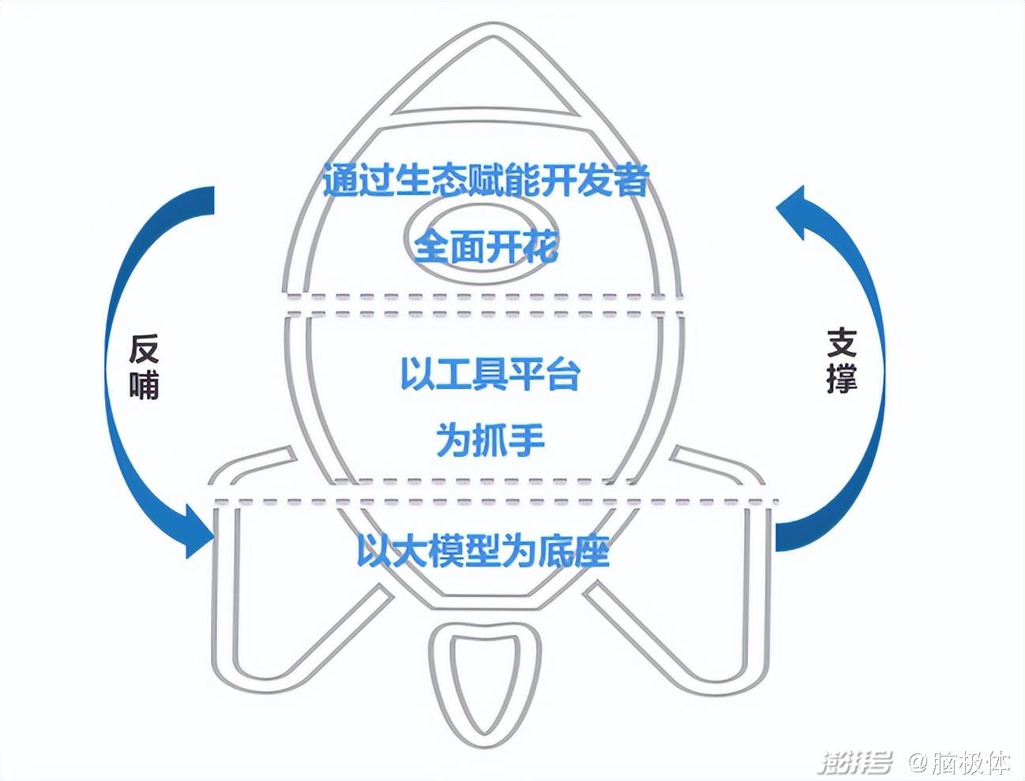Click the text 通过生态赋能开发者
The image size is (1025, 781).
coord(486,181)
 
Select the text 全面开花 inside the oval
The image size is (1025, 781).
coord(486,247)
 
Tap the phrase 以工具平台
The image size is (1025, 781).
coord(490,374)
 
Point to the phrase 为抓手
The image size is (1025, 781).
coord(490,440)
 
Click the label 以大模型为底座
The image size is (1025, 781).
coord(483,551)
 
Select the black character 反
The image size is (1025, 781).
coord(144,349)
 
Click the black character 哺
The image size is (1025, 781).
coord(144,386)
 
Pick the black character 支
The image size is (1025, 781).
coord(842,344)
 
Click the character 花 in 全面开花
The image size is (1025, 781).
coord(541,247)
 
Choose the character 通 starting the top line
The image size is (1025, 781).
coord(340,181)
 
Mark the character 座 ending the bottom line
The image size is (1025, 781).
coord(593,551)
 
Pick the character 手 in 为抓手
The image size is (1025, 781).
coord(528,440)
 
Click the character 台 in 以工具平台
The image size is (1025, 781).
coord(563,374)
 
